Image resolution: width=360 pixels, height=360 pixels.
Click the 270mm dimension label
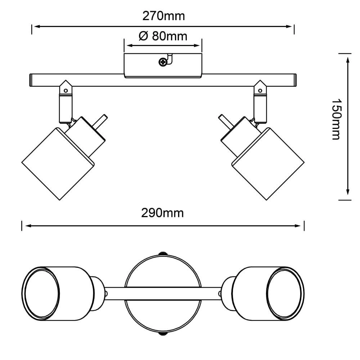[x=163, y=16]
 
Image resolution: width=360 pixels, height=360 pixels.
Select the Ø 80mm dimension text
[x=163, y=36]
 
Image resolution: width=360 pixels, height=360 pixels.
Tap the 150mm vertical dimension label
[x=336, y=119]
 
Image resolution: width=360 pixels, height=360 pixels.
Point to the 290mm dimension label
[x=162, y=213]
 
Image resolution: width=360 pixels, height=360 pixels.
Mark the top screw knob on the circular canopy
[x=163, y=253]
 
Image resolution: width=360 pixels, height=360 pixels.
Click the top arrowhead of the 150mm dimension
[x=348, y=59]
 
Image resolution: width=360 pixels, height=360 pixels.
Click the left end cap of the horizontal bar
[x=31, y=80]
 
